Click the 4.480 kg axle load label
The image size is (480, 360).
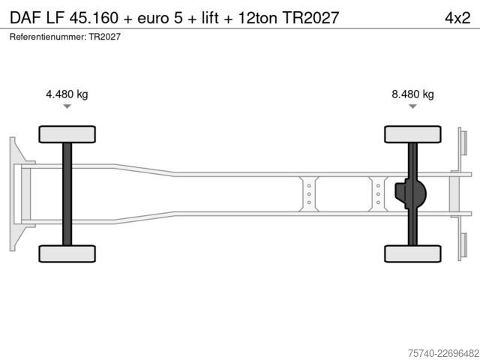(x=67, y=94)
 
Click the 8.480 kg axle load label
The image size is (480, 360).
(x=412, y=94)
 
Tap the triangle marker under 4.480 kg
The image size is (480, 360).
(x=67, y=106)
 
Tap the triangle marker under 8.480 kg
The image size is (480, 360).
(x=412, y=106)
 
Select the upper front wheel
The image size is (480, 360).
(x=67, y=134)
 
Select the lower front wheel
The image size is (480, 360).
(x=67, y=253)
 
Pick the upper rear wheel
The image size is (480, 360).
(x=412, y=134)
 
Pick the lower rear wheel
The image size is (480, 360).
(x=412, y=253)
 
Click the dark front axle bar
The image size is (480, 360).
(x=67, y=194)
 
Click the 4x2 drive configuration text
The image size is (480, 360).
(x=457, y=18)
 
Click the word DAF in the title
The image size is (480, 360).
(x=25, y=18)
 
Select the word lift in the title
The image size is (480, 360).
(x=210, y=18)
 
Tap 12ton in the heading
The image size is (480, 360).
(x=257, y=18)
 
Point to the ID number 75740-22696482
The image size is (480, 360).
(x=444, y=353)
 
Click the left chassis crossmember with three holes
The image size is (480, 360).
(x=309, y=194)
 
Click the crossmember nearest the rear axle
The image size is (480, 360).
(x=378, y=194)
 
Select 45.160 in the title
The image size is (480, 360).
(x=94, y=18)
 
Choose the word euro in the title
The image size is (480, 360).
(x=153, y=18)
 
